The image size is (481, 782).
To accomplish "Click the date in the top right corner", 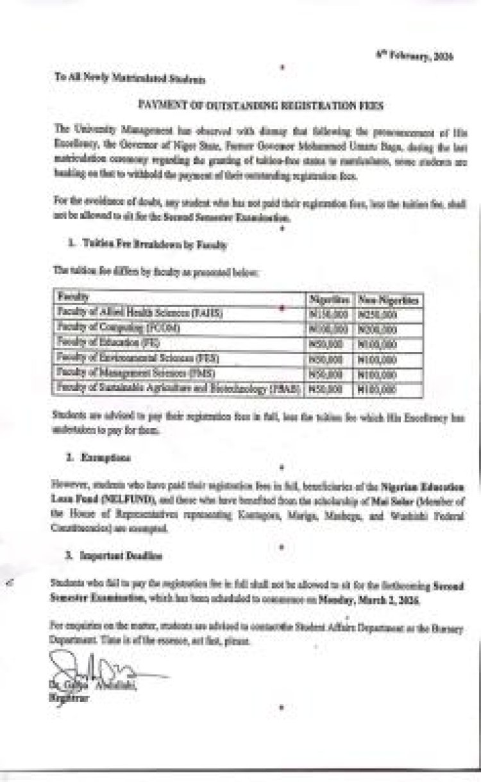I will click(x=423, y=57).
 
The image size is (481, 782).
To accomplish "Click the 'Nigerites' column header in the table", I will click(x=329, y=300).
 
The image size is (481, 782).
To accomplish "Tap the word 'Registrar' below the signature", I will click(x=69, y=699).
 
